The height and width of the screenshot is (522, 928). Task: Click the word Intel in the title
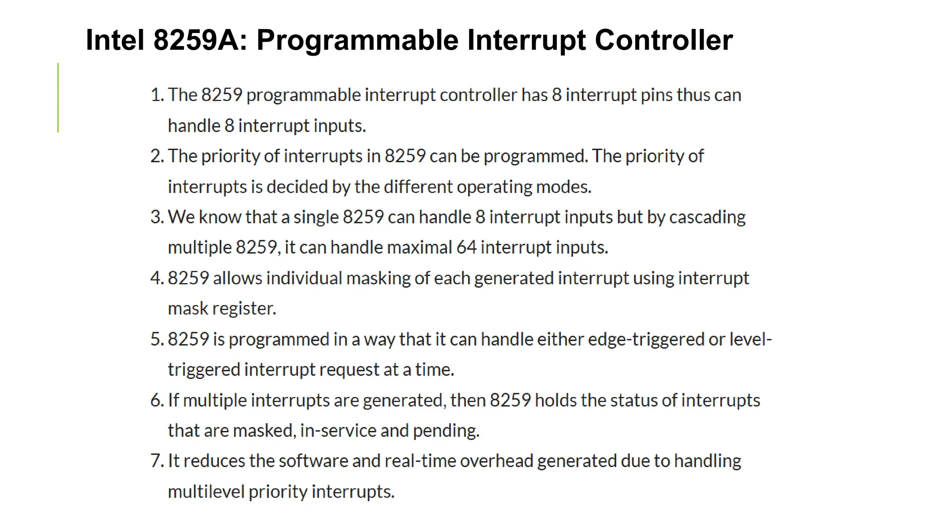pos(115,40)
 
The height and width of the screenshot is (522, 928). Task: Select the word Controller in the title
pos(663,40)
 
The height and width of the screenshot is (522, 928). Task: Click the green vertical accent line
pos(58,98)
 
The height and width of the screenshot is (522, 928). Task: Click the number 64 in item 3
pos(466,248)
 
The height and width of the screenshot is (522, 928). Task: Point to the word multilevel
pos(206,492)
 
